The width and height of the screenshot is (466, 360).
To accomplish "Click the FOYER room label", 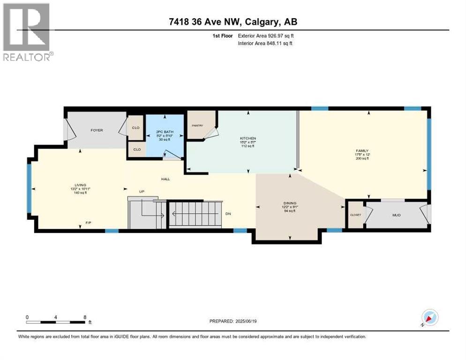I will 97,130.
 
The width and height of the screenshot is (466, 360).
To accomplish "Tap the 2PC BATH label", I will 165,132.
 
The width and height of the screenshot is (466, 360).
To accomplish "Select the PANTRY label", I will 196,126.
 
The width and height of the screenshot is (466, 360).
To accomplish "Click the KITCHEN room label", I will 248,139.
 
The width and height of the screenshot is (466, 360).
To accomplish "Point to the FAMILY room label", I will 362,151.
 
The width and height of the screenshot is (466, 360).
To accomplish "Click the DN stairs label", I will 228,214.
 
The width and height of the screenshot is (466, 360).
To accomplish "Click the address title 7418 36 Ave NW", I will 233,22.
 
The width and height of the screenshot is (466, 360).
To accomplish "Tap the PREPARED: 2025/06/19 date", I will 233,321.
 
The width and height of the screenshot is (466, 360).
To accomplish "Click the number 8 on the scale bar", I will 84,317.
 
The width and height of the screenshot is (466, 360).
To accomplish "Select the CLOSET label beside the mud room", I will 355,214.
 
